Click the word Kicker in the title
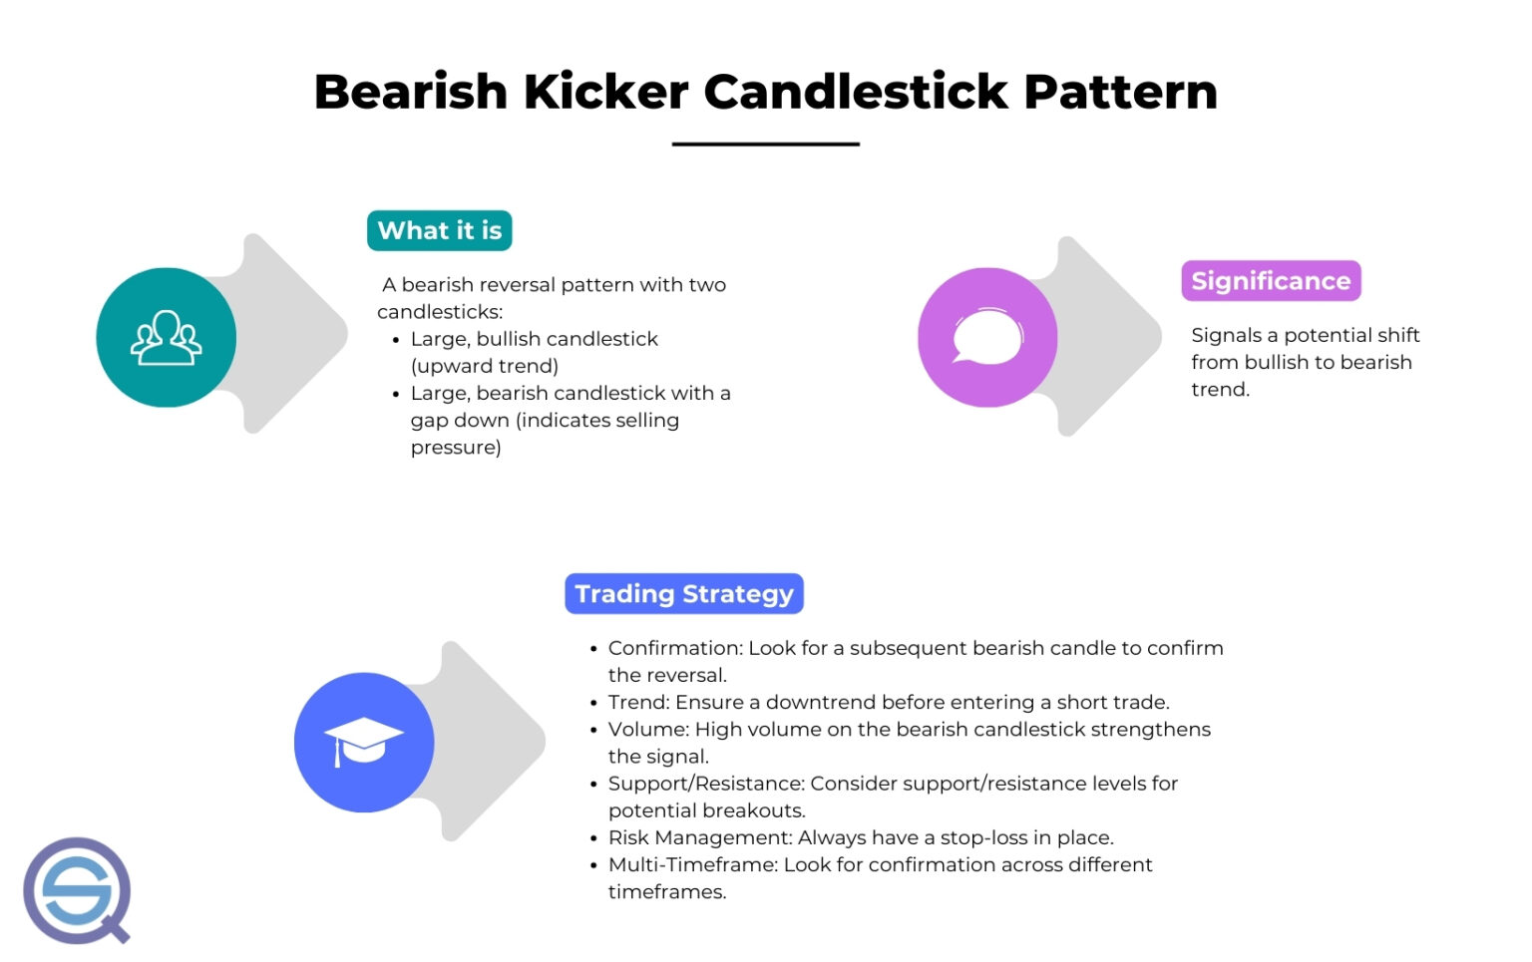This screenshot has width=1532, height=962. pos(605,92)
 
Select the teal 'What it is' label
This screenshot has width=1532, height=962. pos(439,230)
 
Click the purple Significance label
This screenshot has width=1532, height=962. pos(1271,281)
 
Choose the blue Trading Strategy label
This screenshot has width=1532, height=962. pos(683,594)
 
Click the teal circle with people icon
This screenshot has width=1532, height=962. pos(166,338)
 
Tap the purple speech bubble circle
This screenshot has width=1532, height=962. pos(987,338)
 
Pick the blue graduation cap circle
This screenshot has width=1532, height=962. pos(364,743)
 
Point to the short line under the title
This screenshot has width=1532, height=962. pos(765,145)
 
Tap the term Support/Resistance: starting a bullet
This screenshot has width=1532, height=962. pos(706,784)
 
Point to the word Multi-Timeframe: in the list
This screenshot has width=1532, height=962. pos(693,864)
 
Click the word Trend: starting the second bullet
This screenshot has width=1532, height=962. pos(638,702)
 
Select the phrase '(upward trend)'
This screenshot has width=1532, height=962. pos(484,366)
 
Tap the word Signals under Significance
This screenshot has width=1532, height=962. pos(1226,335)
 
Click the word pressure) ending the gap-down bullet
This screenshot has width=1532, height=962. pos(456,448)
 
